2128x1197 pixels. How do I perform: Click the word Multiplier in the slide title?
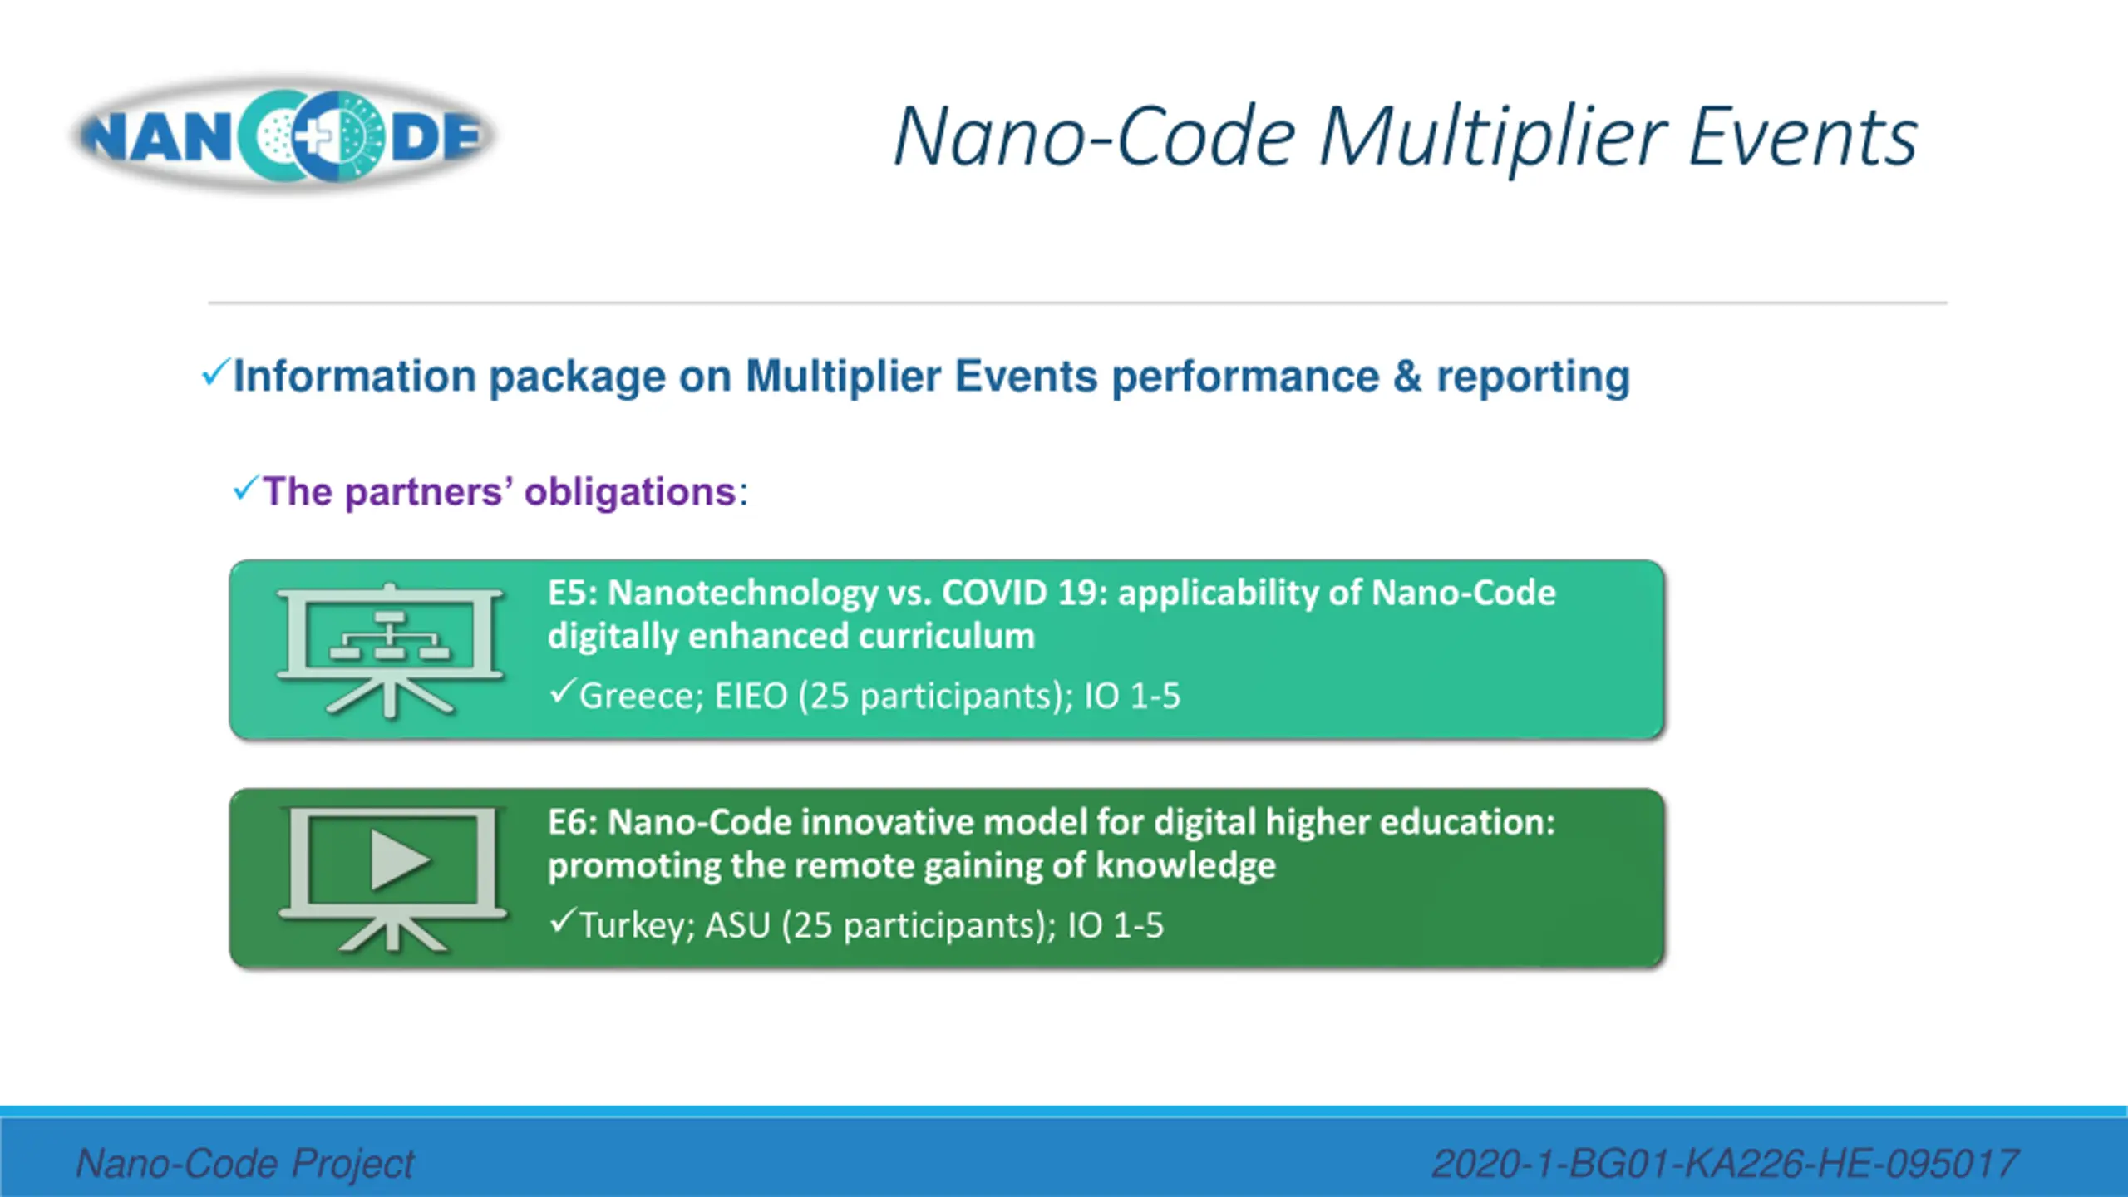(x=1492, y=137)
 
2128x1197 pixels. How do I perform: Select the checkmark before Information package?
(x=214, y=372)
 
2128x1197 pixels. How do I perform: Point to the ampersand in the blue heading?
(x=1407, y=377)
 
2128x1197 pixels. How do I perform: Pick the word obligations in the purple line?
(x=630, y=492)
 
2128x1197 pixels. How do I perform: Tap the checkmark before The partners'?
(x=246, y=488)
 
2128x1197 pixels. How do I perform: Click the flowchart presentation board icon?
(x=390, y=649)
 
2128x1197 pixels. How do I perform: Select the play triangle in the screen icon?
(x=399, y=860)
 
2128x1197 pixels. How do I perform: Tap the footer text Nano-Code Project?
(x=245, y=1163)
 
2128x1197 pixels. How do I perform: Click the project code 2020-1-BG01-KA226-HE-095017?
(x=1724, y=1163)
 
